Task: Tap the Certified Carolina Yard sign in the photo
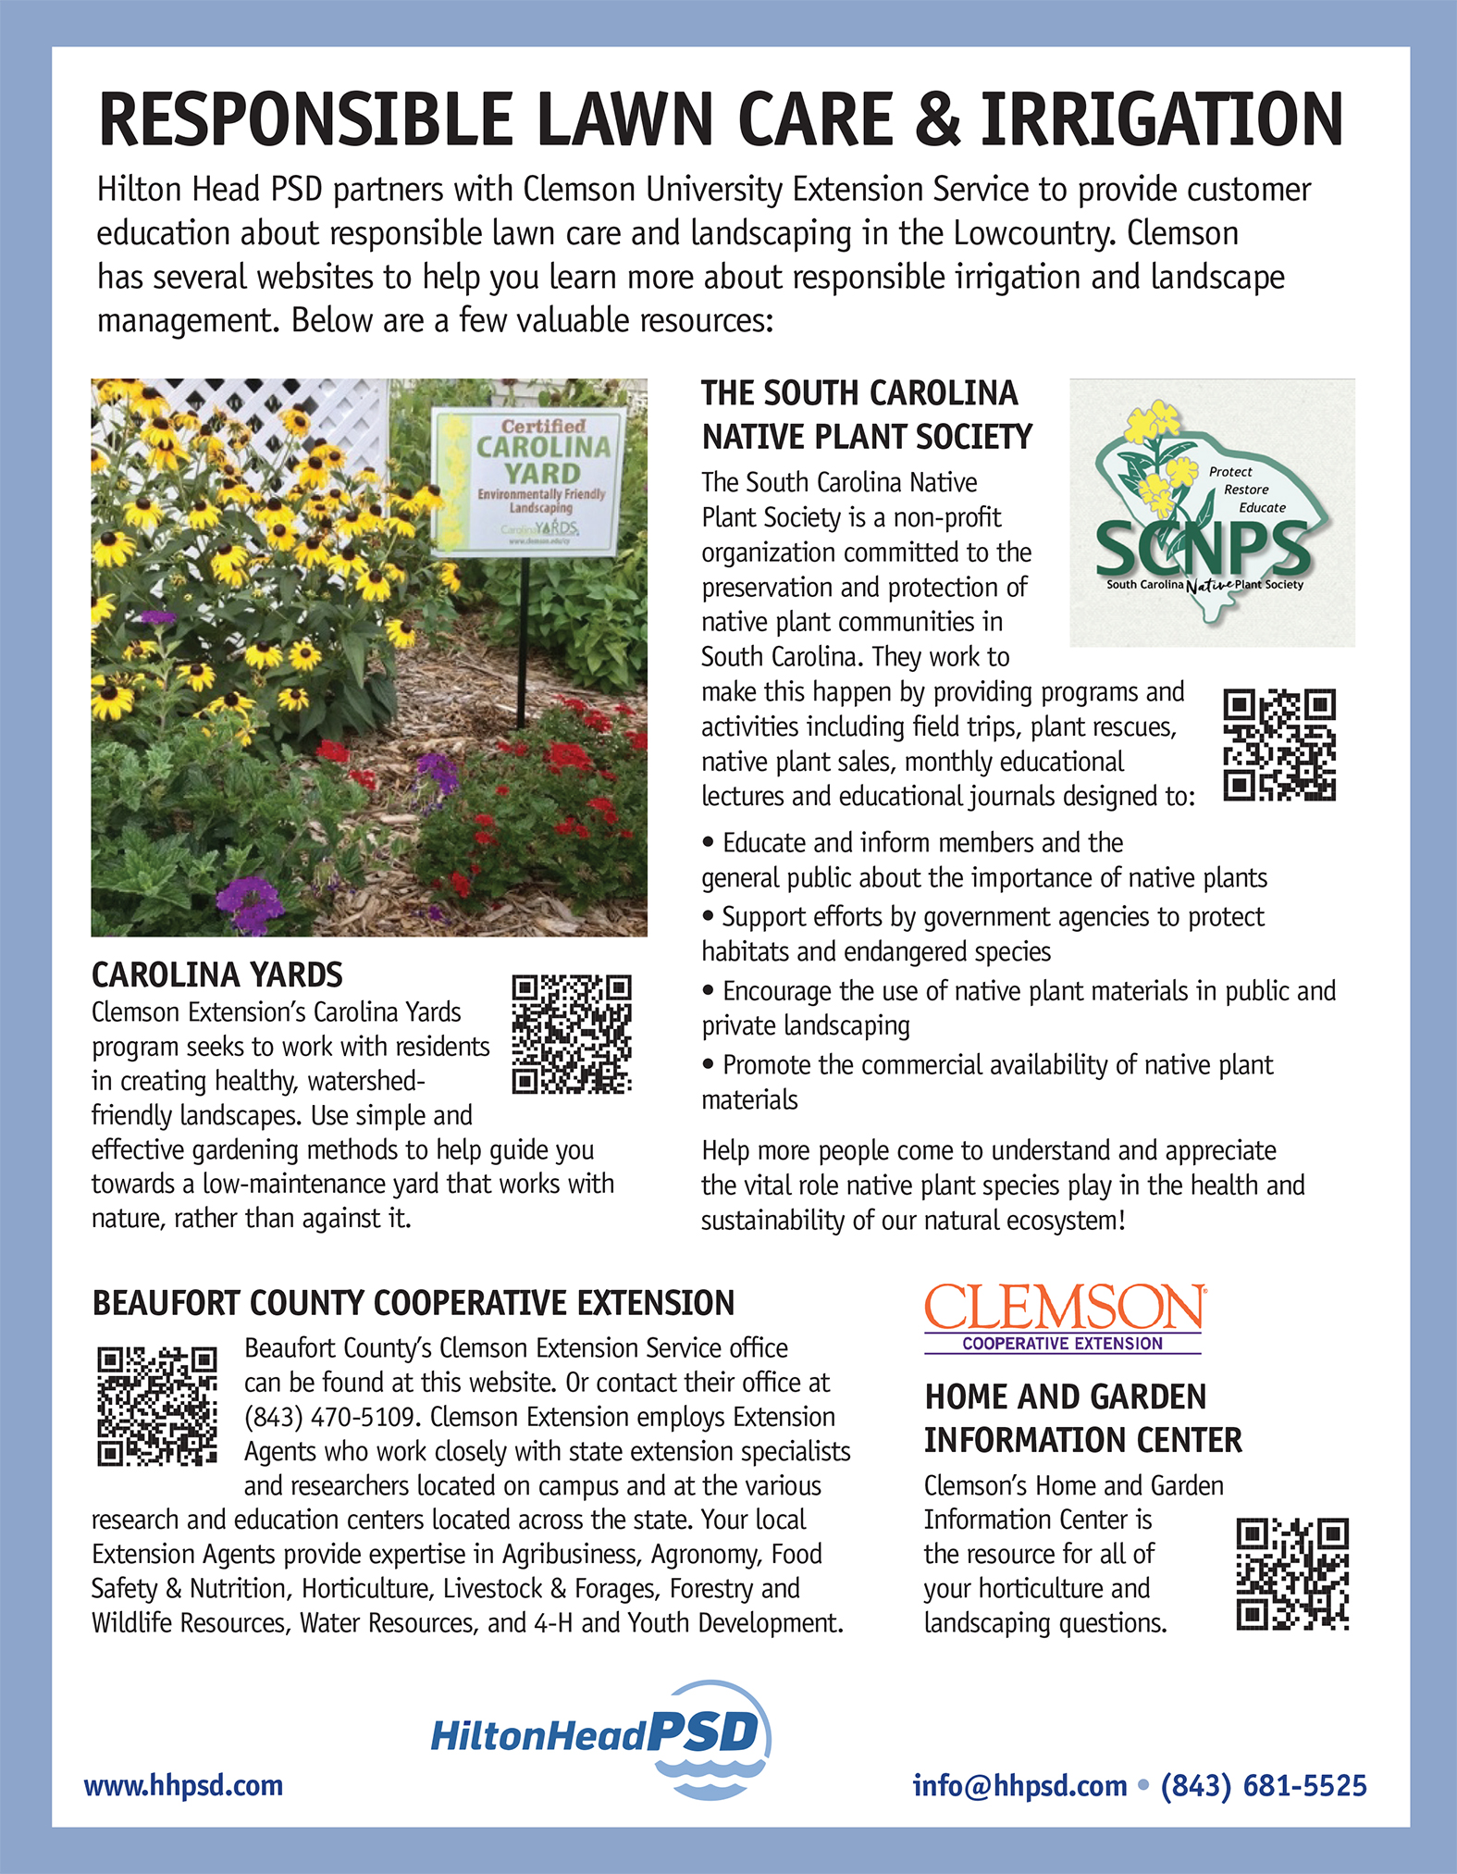click(x=530, y=482)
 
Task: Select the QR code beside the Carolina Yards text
click(x=572, y=1033)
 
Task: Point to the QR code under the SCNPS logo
click(x=1279, y=744)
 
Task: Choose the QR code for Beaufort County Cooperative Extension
click(x=157, y=1406)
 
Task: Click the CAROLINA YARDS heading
click(x=216, y=974)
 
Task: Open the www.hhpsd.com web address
click(x=183, y=1785)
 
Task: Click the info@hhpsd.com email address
click(x=1019, y=1785)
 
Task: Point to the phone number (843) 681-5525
click(x=1264, y=1785)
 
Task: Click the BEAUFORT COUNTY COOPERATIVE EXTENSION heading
click(x=413, y=1303)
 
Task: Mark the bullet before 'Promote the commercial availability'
click(x=709, y=1064)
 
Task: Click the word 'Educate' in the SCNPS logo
click(x=1262, y=507)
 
